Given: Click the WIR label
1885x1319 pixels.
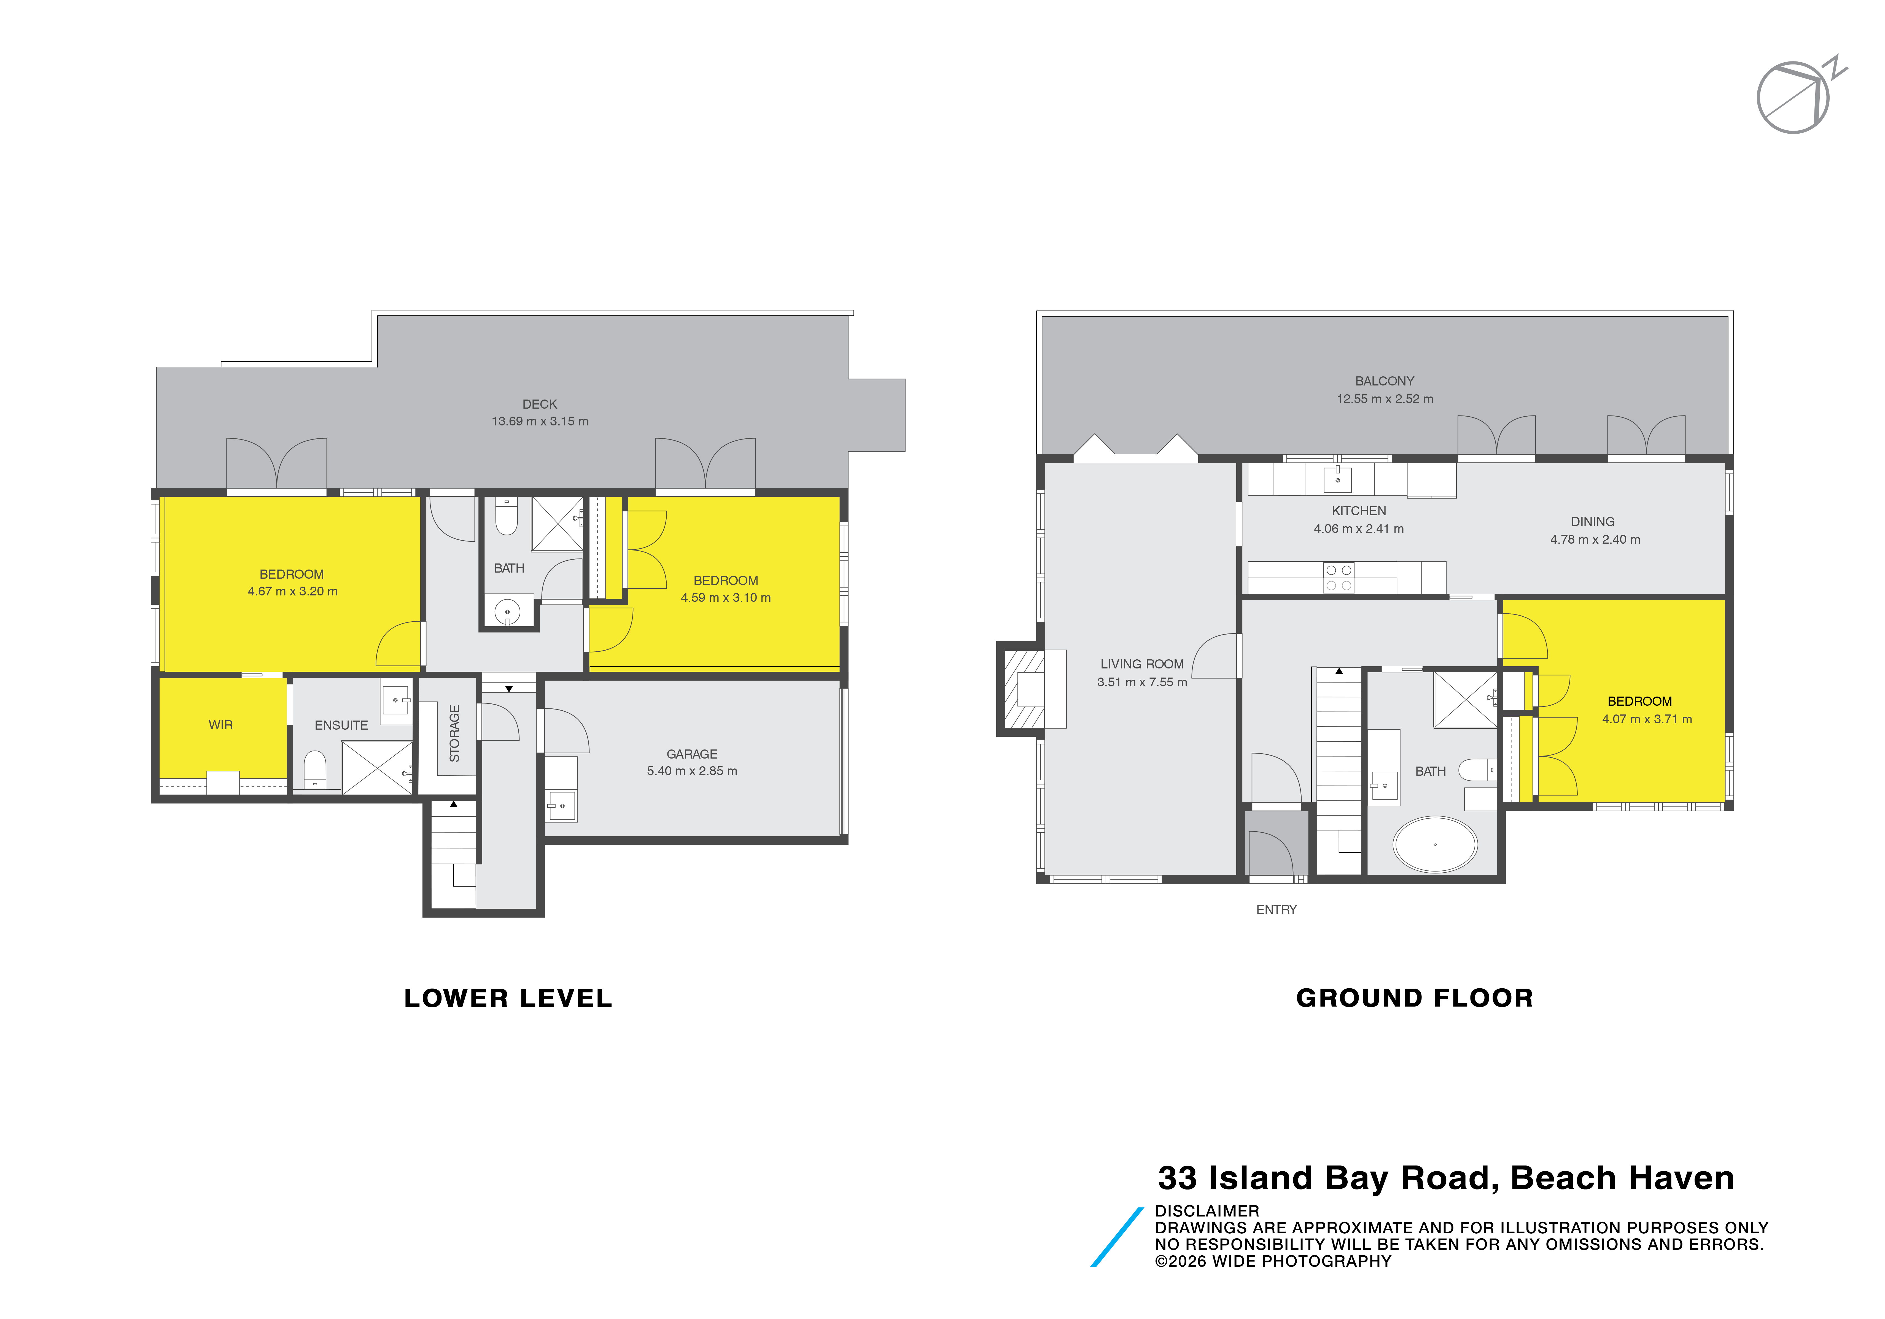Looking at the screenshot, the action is [x=221, y=725].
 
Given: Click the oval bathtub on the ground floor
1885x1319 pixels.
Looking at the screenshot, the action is [x=1435, y=844].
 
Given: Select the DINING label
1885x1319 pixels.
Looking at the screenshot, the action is [x=1593, y=521].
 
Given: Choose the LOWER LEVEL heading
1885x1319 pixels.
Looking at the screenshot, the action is [x=508, y=998].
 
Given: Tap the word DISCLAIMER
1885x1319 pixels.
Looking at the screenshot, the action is [x=1207, y=1211].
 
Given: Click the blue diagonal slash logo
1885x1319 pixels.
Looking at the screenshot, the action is [x=1117, y=1237].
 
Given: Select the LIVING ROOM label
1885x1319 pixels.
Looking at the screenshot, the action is [x=1142, y=664].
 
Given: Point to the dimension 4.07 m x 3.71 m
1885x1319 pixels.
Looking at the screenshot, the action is [x=1647, y=719].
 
